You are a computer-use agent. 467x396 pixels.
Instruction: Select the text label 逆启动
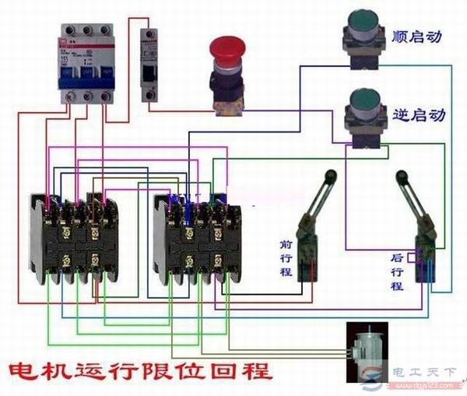coord(420,114)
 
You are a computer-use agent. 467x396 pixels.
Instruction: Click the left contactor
coord(71,238)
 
